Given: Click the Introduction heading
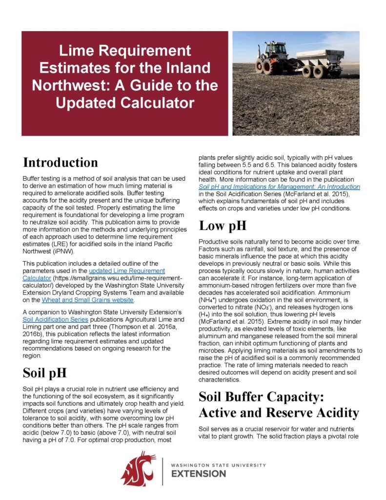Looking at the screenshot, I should pyautogui.click(x=61, y=163).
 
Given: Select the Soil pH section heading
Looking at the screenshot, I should pyautogui.click(x=45, y=373).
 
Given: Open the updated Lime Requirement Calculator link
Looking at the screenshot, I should pyautogui.click(x=126, y=271).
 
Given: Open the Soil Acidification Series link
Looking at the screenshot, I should pyautogui.click(x=54, y=319).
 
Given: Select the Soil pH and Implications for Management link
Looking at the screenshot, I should pyautogui.click(x=279, y=187).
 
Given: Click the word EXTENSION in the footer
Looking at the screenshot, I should pyautogui.click(x=200, y=474).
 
